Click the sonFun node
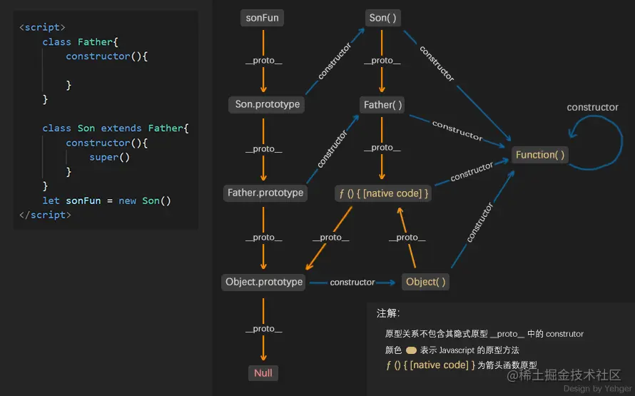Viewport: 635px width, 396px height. [262, 18]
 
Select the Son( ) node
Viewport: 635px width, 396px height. [382, 18]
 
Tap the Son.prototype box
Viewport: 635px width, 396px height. [268, 105]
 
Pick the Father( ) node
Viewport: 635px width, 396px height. [383, 105]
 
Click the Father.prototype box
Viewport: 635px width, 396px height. [265, 193]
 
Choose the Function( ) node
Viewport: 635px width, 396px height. [540, 155]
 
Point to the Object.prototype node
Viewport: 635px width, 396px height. [264, 282]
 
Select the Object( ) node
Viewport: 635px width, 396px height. [425, 282]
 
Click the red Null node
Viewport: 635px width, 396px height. [263, 373]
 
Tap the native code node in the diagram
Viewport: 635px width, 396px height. [382, 193]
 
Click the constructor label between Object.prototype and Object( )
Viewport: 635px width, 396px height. [352, 283]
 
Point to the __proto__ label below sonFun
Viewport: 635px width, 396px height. [263, 61]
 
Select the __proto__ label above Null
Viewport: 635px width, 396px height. [263, 329]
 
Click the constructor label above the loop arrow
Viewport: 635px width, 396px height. [592, 108]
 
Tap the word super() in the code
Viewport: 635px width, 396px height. [109, 157]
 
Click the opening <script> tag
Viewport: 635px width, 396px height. [42, 27]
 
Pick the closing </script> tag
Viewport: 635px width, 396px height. [45, 215]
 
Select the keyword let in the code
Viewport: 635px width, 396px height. [51, 200]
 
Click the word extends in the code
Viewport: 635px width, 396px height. [121, 128]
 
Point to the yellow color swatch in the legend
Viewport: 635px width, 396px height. [411, 350]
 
